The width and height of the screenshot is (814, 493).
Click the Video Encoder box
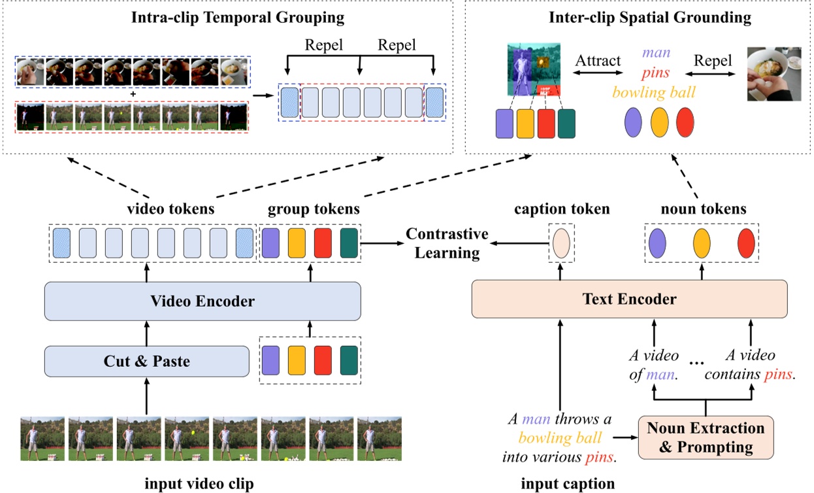203,301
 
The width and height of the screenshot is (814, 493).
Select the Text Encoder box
629,299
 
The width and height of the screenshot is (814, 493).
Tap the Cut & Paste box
146,361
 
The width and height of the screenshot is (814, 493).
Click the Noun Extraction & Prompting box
705,438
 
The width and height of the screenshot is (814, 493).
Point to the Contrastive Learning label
447,243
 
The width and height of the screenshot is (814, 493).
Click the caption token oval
561,243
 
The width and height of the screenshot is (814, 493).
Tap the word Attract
598,61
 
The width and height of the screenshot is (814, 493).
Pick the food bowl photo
773,73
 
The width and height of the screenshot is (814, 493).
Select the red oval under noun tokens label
747,243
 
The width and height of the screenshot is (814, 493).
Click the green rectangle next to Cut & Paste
350,360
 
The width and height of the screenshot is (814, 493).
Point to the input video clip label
199,484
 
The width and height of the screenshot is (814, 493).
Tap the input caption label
568,484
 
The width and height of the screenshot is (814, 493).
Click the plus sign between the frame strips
133,94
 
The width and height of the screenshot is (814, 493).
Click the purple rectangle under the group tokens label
270,243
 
